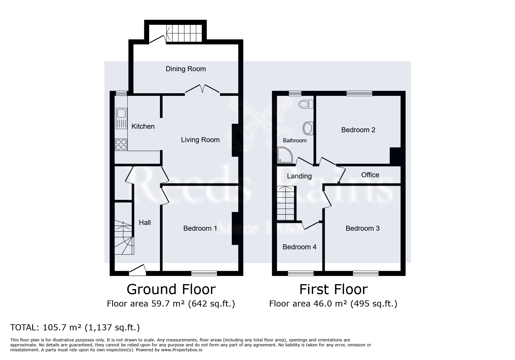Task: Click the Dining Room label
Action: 186,69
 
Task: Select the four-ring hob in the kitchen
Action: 121,145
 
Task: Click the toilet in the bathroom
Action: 306,104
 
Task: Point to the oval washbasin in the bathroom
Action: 308,128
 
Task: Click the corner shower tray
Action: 283,154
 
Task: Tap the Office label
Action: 370,175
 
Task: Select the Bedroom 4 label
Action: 299,247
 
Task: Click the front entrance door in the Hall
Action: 137,270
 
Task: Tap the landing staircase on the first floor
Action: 286,203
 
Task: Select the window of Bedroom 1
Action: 204,273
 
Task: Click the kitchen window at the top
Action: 121,93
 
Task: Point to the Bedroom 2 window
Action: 359,93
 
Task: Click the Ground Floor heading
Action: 171,289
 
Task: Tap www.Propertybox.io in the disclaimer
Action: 181,350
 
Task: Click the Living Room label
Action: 200,140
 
